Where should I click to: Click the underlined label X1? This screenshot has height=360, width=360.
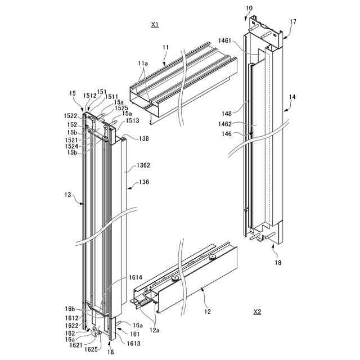coord(155,25)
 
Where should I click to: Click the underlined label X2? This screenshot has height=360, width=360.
coord(257,312)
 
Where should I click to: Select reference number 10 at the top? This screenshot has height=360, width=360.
coord(249,8)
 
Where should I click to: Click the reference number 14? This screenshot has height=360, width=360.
coord(292,97)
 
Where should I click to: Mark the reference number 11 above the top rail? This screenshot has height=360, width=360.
coord(165,48)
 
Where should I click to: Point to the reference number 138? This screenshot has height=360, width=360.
coord(143,138)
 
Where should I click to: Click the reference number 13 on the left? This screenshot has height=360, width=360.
coord(67,195)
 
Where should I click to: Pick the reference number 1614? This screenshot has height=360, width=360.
coord(136,277)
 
